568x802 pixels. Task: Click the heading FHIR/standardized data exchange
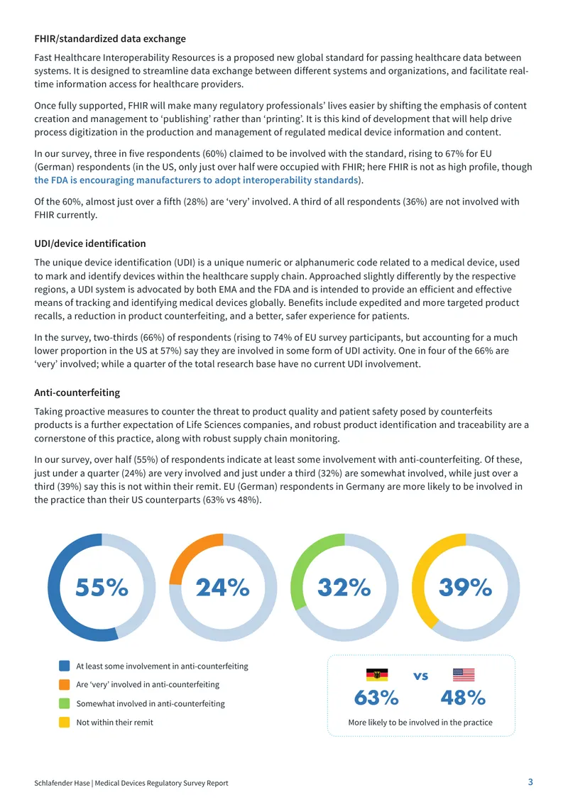(x=110, y=39)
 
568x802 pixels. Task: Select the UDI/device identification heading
(x=90, y=243)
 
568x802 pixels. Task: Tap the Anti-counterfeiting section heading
(x=77, y=392)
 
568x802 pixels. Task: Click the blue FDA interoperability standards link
(x=196, y=180)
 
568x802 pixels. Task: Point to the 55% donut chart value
(x=102, y=587)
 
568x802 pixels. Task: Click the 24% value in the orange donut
(x=223, y=587)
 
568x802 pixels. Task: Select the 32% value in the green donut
(x=344, y=587)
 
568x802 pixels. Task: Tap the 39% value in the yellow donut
(x=466, y=587)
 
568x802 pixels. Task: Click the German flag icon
(x=377, y=675)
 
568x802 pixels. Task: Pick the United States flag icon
(x=464, y=675)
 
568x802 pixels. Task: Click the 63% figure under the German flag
(x=376, y=698)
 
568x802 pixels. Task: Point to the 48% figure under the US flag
(x=463, y=698)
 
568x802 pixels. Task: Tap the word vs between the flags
(x=420, y=676)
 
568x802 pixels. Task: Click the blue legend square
(x=65, y=666)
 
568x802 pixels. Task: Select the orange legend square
(x=65, y=684)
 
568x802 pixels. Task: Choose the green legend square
(x=65, y=703)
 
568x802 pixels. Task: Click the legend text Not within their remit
(x=114, y=723)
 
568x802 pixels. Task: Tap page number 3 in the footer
(x=530, y=782)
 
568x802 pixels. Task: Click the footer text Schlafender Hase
(x=62, y=783)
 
